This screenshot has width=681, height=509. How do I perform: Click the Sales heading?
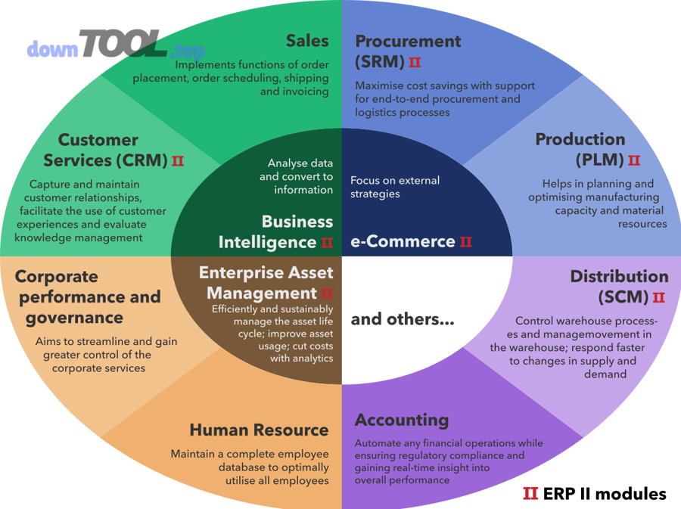[x=307, y=41]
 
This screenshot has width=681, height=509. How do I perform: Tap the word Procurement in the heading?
[x=408, y=41]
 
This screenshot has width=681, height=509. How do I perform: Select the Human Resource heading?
[x=259, y=430]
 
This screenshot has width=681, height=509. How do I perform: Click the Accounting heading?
[x=402, y=420]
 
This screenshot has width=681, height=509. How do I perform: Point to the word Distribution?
[x=619, y=276]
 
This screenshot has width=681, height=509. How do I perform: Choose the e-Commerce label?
[x=403, y=242]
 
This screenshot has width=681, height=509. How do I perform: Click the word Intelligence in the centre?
[x=267, y=242]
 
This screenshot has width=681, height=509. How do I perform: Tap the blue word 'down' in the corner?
[x=52, y=50]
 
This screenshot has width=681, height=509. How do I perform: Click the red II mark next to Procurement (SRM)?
[x=415, y=62]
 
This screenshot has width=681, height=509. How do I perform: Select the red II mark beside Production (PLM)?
[x=634, y=160]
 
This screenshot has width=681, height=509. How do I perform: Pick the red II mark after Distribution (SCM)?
[x=658, y=297]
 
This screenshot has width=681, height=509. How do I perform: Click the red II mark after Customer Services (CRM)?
[x=178, y=161]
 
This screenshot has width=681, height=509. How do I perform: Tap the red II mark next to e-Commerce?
[x=466, y=242]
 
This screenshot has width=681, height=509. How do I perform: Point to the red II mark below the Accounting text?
[x=530, y=495]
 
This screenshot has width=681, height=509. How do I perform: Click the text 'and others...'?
[x=402, y=320]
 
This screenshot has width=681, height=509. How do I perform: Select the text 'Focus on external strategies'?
[x=394, y=187]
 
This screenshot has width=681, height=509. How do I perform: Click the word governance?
[x=74, y=318]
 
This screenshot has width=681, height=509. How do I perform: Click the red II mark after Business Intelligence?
[x=327, y=243]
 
